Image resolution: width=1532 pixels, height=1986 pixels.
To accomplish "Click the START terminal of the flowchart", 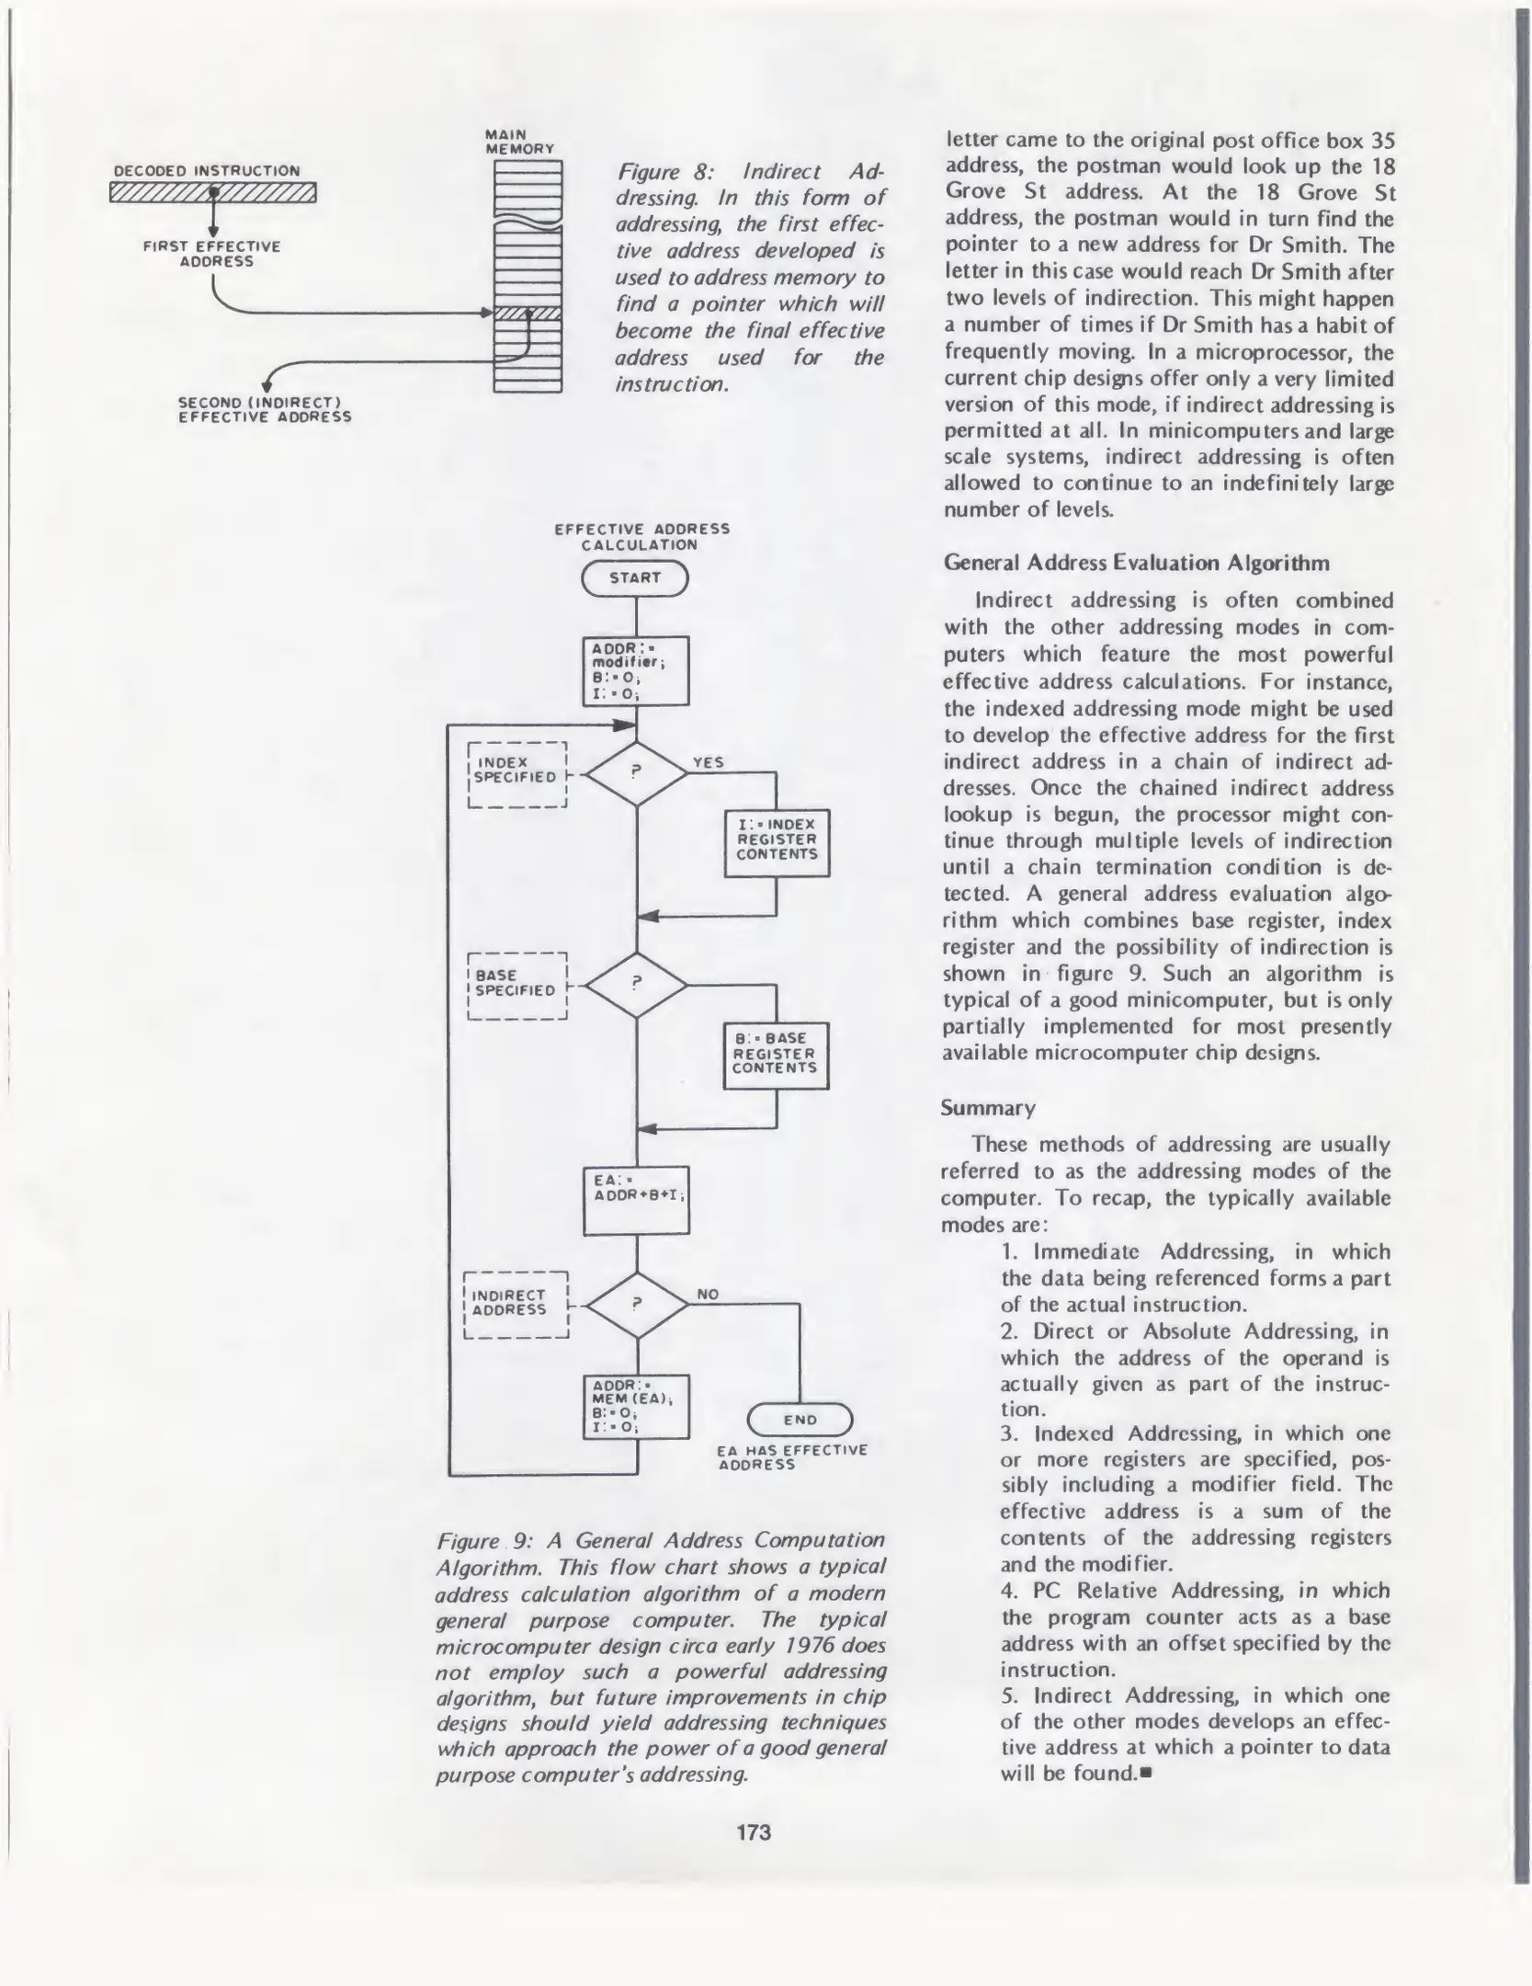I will click(x=635, y=578).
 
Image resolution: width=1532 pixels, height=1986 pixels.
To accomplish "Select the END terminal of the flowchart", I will click(x=800, y=1420).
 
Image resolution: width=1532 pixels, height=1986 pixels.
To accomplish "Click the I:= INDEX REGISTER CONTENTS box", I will click(x=777, y=842).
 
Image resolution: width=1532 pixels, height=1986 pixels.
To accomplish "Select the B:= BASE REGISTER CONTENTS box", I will click(x=776, y=1055).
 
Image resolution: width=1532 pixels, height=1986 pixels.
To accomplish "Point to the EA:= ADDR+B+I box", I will click(x=636, y=1201).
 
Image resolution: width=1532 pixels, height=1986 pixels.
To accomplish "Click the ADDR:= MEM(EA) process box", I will click(x=636, y=1406).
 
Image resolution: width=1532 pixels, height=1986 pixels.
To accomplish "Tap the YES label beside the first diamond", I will click(x=709, y=762).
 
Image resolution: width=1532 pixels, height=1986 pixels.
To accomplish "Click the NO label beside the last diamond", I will click(x=708, y=1295).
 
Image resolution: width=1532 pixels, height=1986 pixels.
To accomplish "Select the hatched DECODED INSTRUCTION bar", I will click(x=212, y=192).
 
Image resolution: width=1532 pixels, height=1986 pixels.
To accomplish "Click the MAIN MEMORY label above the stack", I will click(x=519, y=142).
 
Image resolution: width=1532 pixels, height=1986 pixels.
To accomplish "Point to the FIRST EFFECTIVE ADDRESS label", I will click(x=212, y=254).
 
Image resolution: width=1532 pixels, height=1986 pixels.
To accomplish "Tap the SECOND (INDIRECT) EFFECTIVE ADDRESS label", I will click(x=265, y=410).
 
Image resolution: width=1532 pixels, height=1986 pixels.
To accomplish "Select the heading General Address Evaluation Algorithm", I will click(x=1136, y=563).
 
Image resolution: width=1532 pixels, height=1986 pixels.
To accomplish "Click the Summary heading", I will click(x=988, y=1108).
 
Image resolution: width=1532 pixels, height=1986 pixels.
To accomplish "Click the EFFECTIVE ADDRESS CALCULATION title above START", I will click(x=641, y=536).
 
